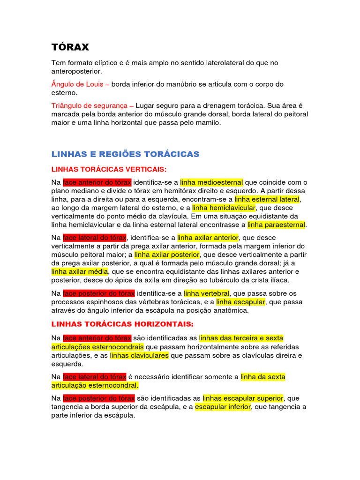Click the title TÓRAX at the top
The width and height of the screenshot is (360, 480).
(x=70, y=47)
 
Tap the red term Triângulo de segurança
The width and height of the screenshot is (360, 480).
(x=92, y=106)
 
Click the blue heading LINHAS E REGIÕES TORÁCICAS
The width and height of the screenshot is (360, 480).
(x=125, y=154)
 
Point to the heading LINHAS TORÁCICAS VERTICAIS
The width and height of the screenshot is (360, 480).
(x=109, y=169)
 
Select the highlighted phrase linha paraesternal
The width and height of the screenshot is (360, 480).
(x=276, y=225)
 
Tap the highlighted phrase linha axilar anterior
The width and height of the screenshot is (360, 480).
(x=208, y=238)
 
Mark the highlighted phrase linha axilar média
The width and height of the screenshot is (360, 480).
(x=80, y=272)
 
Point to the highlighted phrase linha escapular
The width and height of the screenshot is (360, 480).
(x=240, y=302)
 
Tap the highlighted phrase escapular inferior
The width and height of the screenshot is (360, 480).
(x=223, y=407)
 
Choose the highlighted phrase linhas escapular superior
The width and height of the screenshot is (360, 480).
(x=243, y=398)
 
